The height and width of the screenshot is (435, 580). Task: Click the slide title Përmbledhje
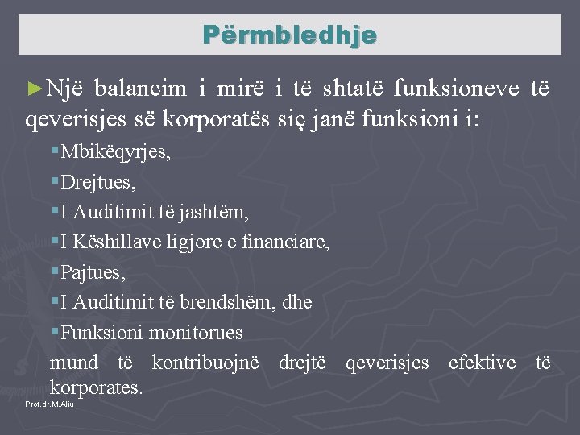click(289, 35)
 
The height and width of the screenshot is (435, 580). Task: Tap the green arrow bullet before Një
click(34, 88)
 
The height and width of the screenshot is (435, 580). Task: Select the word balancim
click(143, 88)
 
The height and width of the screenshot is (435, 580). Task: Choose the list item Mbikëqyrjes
click(115, 153)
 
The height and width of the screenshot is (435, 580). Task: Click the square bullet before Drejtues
click(53, 182)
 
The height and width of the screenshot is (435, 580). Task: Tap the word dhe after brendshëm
click(296, 303)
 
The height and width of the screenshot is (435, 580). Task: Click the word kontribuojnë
click(205, 363)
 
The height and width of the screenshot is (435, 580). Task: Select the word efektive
click(482, 363)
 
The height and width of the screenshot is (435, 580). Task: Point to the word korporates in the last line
click(96, 387)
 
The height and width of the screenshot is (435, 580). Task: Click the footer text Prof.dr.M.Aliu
click(50, 404)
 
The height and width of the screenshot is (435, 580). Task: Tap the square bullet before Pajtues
click(53, 273)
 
